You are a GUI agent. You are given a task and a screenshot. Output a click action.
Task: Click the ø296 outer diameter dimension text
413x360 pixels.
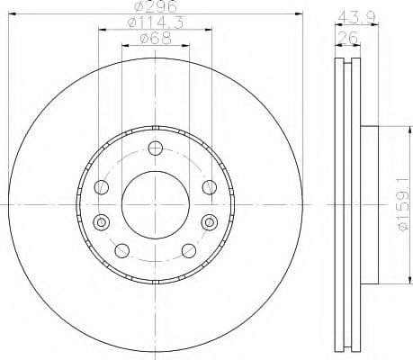(x=154, y=8)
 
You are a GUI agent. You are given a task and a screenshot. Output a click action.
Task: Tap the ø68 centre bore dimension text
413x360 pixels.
(x=154, y=39)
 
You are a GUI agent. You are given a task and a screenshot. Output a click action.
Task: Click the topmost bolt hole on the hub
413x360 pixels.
(x=155, y=148)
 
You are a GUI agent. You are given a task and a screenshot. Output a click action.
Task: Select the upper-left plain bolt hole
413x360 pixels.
(x=102, y=187)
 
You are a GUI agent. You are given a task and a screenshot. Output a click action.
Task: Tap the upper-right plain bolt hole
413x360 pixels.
(x=209, y=187)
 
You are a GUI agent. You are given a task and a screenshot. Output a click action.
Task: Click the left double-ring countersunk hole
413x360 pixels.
(x=100, y=220)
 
